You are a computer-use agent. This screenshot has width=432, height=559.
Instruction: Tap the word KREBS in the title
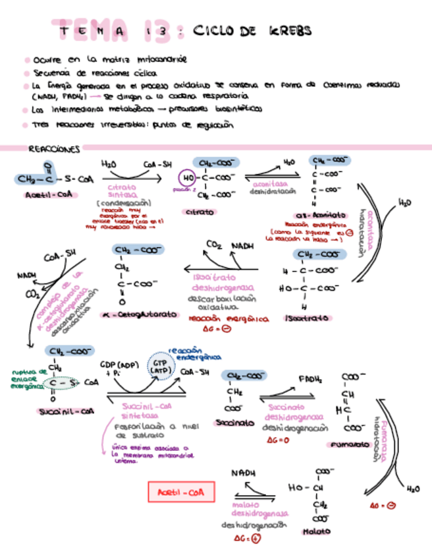[290, 31]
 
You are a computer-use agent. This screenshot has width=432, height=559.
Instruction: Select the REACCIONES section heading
[55, 150]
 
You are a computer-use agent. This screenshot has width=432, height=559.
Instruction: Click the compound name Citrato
[200, 212]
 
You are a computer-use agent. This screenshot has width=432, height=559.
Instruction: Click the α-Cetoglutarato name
[140, 315]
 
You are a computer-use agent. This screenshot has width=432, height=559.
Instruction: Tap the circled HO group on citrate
[187, 177]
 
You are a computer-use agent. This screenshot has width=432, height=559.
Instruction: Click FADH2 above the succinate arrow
[310, 380]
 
